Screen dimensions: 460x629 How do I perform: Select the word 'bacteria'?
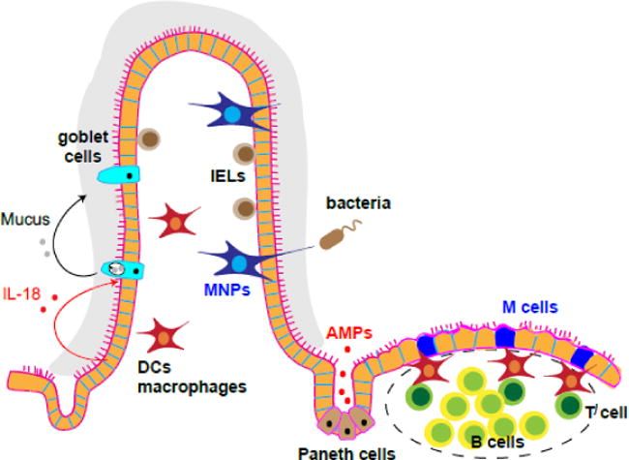[358, 204]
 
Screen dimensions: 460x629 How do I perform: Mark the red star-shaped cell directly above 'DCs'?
[162, 338]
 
